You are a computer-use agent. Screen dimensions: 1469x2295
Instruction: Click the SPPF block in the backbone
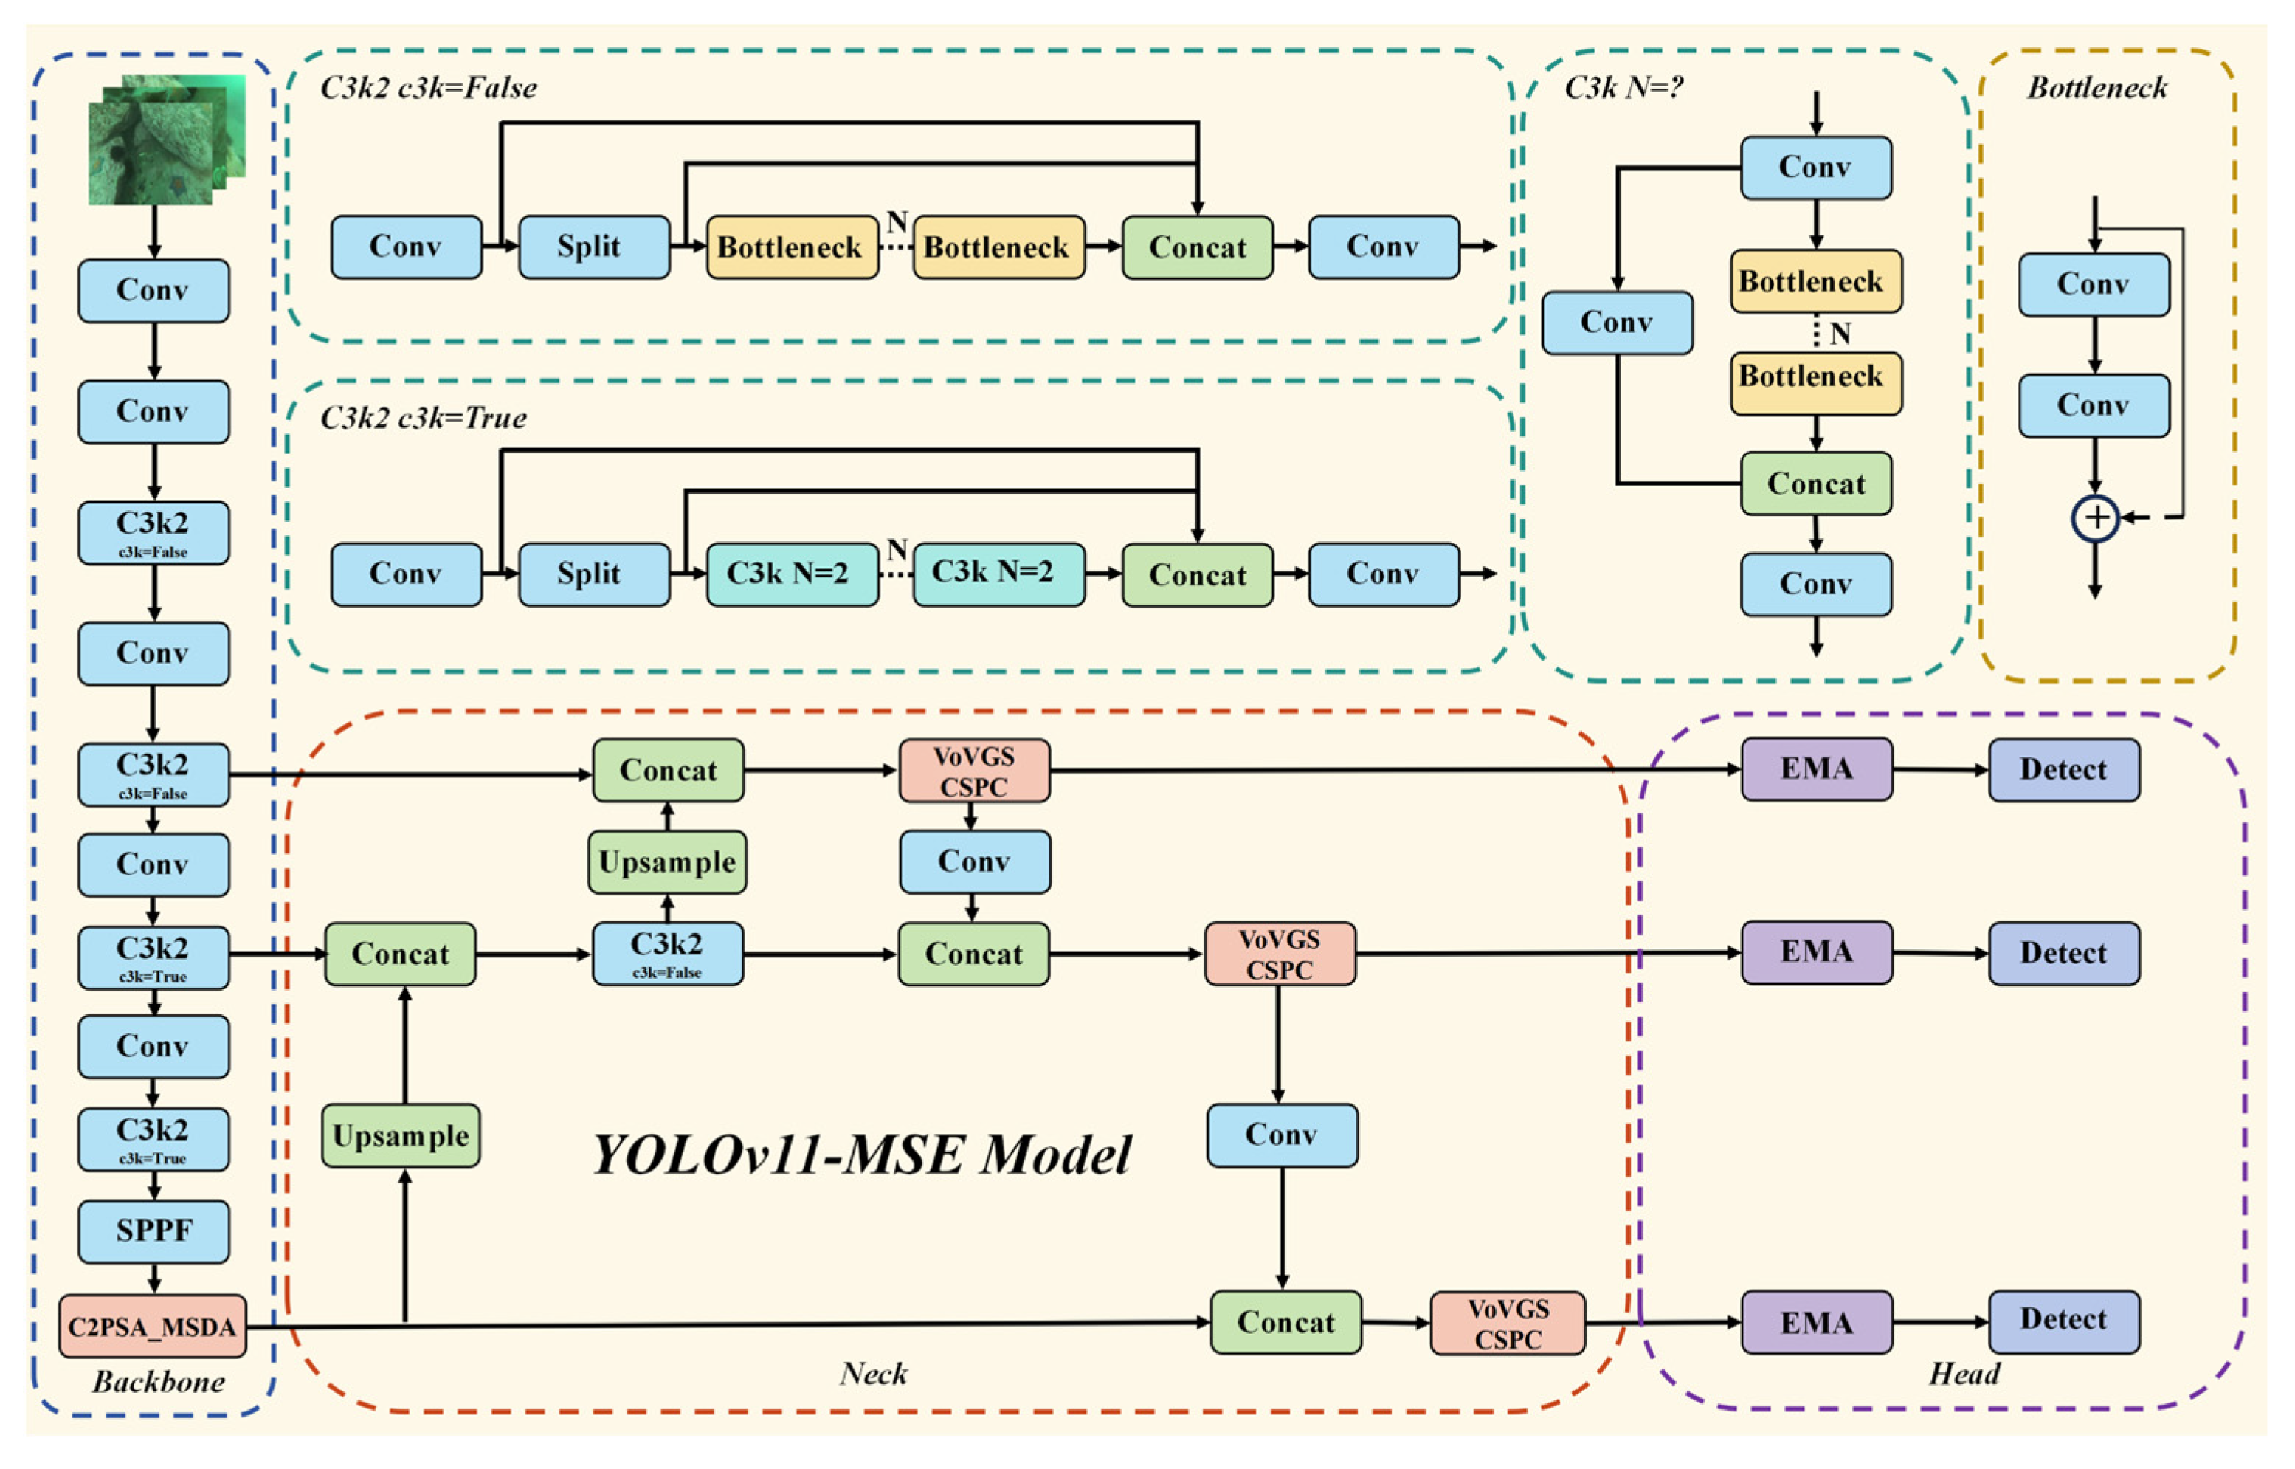coord(153,1231)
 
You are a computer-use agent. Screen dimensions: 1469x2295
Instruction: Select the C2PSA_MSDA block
coord(153,1326)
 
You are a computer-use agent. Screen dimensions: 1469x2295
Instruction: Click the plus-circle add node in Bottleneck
coord(2095,518)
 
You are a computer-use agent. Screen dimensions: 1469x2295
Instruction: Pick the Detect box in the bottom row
coord(2063,1321)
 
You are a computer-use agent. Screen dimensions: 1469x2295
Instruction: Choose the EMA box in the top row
coord(1816,769)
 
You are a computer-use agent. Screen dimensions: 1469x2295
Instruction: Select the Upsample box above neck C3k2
coord(667,861)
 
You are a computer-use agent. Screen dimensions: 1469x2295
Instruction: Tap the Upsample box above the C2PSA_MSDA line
coord(401,1136)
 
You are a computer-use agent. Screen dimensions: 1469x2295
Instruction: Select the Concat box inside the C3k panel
coord(1815,484)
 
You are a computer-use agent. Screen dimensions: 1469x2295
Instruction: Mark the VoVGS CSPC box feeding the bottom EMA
coord(1508,1323)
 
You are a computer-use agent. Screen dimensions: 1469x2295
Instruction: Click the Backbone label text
coord(158,1381)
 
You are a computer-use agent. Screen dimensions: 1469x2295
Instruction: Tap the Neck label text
coord(872,1374)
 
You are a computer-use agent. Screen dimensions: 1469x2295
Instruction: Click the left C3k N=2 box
coord(791,574)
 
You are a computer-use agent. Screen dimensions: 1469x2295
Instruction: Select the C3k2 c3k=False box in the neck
coord(667,953)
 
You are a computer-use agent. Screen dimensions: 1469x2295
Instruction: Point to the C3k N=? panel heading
coord(1623,88)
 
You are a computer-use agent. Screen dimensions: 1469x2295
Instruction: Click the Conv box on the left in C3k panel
coord(1617,323)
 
